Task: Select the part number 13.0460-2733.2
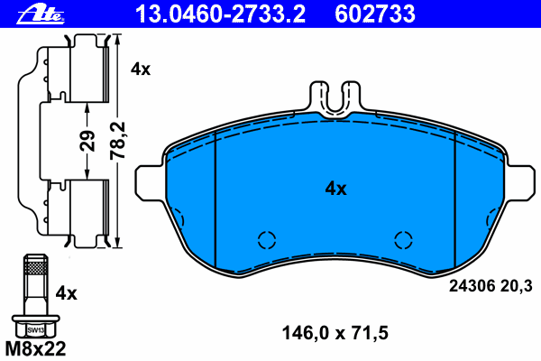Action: pyautogui.click(x=220, y=13)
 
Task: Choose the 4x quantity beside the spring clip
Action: pyautogui.click(x=141, y=69)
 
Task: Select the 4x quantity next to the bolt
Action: pyautogui.click(x=66, y=293)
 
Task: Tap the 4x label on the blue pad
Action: pyautogui.click(x=335, y=189)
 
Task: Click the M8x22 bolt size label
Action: pyautogui.click(x=35, y=347)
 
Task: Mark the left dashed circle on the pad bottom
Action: pyautogui.click(x=266, y=239)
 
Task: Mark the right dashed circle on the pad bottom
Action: pyautogui.click(x=405, y=239)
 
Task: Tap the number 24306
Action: pyautogui.click(x=470, y=286)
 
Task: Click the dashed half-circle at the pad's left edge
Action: pyautogui.click(x=177, y=219)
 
